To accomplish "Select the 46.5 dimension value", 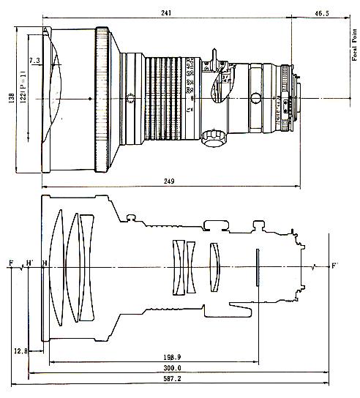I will [x=320, y=12].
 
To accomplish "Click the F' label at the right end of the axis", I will [x=335, y=263].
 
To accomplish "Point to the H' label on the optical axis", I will [x=29, y=262].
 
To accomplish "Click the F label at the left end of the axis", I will [x=10, y=262].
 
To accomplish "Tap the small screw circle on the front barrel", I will [x=129, y=99].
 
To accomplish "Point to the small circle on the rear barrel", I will [x=256, y=98].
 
